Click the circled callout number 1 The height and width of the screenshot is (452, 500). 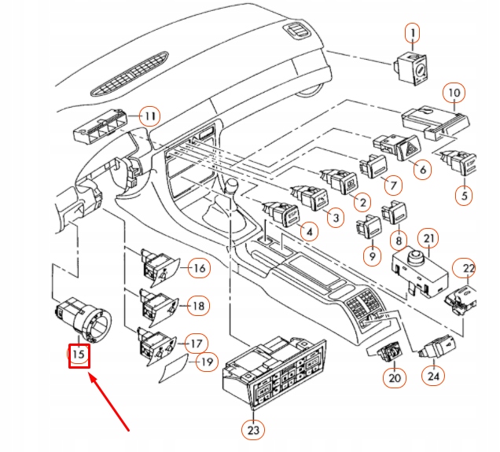[x=412, y=33]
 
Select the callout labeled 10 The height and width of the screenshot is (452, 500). [x=454, y=93]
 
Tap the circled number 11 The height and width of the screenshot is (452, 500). [x=150, y=116]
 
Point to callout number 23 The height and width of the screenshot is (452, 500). [x=253, y=430]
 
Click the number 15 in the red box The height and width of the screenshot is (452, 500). [x=79, y=355]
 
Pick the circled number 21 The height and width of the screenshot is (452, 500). [x=428, y=238]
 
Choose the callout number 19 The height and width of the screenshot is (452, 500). [x=207, y=362]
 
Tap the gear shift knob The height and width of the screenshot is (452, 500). [x=231, y=186]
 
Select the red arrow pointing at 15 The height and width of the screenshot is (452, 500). [x=110, y=402]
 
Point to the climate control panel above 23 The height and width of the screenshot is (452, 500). [x=274, y=372]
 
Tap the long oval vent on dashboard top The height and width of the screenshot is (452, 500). [x=130, y=74]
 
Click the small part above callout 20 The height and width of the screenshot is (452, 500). [x=389, y=351]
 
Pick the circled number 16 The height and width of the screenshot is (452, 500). [x=199, y=268]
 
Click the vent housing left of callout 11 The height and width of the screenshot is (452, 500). [x=101, y=126]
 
